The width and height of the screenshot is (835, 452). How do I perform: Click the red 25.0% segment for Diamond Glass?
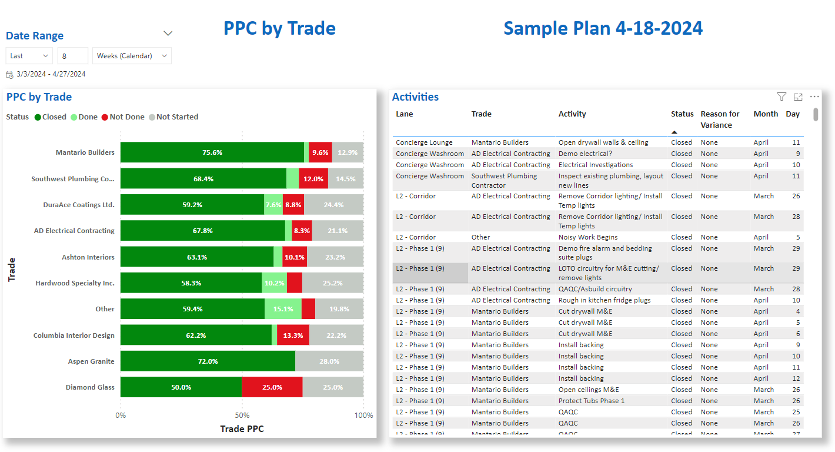pyautogui.click(x=272, y=387)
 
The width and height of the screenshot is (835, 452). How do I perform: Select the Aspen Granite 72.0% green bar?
pyautogui.click(x=208, y=361)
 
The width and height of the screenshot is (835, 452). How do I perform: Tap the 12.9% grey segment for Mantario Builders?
pyautogui.click(x=348, y=152)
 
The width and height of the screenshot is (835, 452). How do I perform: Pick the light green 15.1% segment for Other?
pyautogui.click(x=283, y=309)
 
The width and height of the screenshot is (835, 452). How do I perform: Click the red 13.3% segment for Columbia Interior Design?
pyautogui.click(x=293, y=335)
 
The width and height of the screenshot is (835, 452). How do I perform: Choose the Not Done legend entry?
pyautogui.click(x=123, y=117)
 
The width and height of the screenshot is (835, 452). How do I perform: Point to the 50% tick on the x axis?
pyautogui.click(x=242, y=415)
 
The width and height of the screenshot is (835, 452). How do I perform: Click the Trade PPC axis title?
pyautogui.click(x=242, y=429)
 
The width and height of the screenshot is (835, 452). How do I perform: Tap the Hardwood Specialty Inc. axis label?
pyautogui.click(x=75, y=283)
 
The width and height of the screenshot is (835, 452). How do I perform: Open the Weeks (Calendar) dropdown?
pyautogui.click(x=132, y=56)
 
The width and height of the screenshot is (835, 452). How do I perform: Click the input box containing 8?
pyautogui.click(x=72, y=56)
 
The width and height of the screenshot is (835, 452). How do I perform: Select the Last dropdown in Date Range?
pyautogui.click(x=29, y=56)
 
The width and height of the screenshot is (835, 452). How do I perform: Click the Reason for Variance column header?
pyautogui.click(x=720, y=119)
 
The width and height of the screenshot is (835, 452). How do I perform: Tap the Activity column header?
pyautogui.click(x=572, y=114)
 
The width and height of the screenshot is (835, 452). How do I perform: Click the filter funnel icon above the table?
pyautogui.click(x=781, y=97)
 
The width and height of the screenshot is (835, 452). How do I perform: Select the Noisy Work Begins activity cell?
pyautogui.click(x=588, y=237)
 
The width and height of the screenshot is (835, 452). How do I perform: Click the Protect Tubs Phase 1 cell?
pyautogui.click(x=592, y=401)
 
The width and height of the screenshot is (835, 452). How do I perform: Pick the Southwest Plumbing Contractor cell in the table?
pyautogui.click(x=504, y=180)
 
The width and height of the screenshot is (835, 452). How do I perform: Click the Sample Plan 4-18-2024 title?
pyautogui.click(x=603, y=28)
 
